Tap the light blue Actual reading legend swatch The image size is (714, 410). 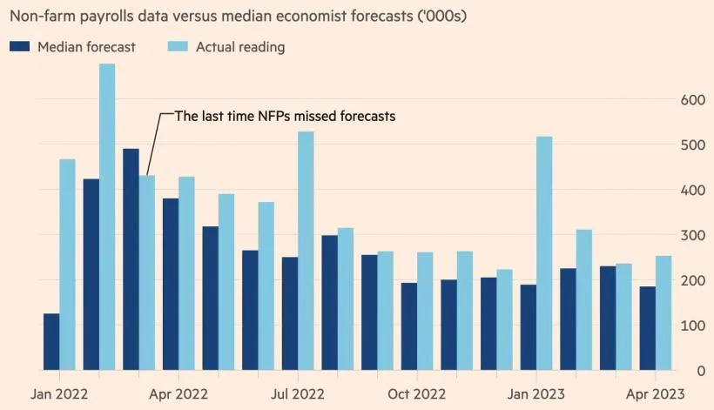pyautogui.click(x=177, y=47)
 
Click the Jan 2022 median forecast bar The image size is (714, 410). pyautogui.click(x=51, y=341)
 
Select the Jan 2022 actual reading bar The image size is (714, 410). pyautogui.click(x=67, y=265)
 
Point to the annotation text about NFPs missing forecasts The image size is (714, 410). pyautogui.click(x=286, y=116)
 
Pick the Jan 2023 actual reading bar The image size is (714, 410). pyautogui.click(x=544, y=253)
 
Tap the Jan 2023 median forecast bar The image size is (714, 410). pyautogui.click(x=529, y=327)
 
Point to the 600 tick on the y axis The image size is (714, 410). pyautogui.click(x=691, y=100)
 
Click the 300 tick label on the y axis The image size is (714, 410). pyautogui.click(x=691, y=235)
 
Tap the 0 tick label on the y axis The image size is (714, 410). pyautogui.click(x=698, y=370)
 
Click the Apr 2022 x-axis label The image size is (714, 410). pyautogui.click(x=178, y=393)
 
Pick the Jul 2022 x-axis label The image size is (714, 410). pyautogui.click(x=298, y=393)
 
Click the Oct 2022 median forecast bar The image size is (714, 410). pyautogui.click(x=409, y=326)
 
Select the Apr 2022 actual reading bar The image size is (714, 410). pyautogui.click(x=186, y=273)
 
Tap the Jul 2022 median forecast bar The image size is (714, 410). pyautogui.click(x=290, y=313)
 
